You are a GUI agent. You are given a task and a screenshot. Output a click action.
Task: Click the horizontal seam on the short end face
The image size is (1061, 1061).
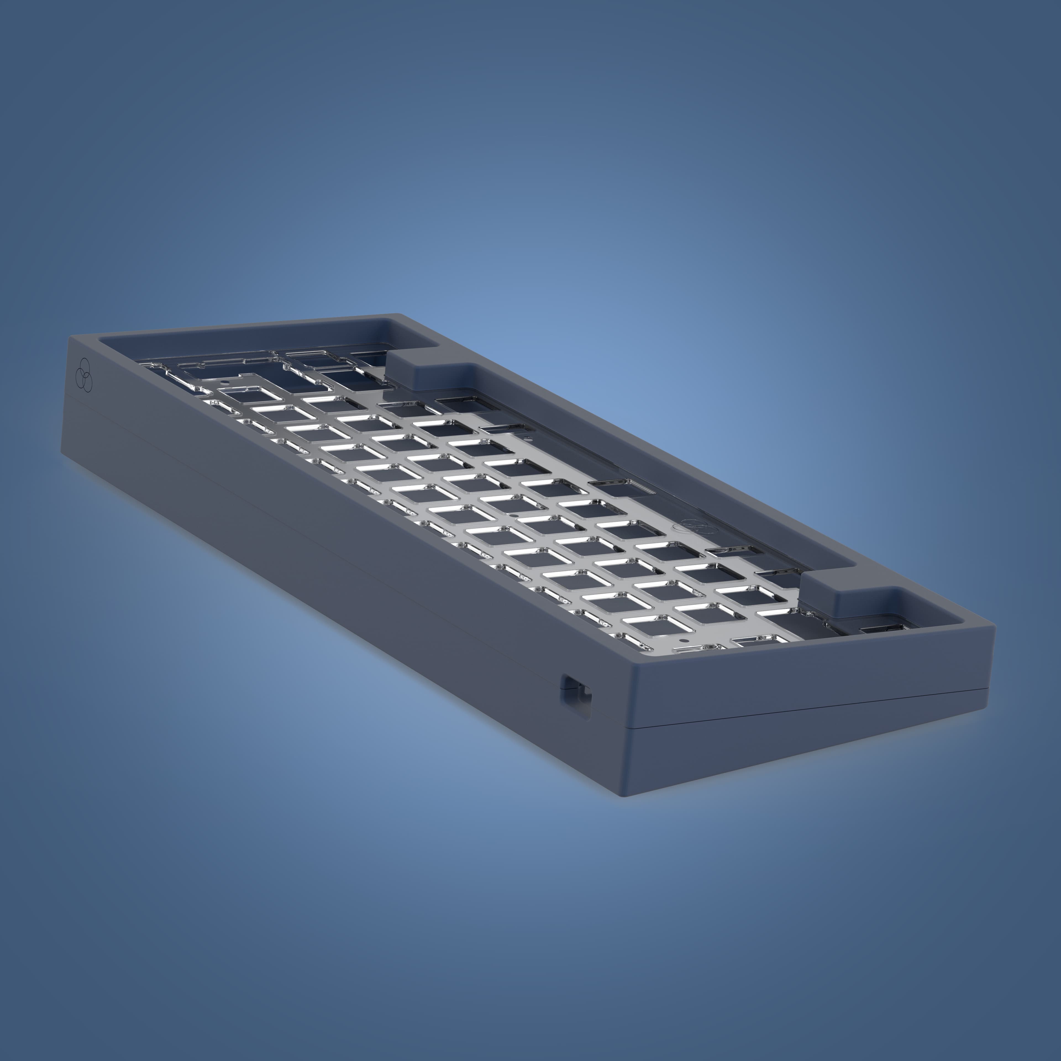pyautogui.click(x=807, y=708)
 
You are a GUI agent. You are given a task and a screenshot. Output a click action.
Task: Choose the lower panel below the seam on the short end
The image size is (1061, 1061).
pyautogui.click(x=807, y=752)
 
